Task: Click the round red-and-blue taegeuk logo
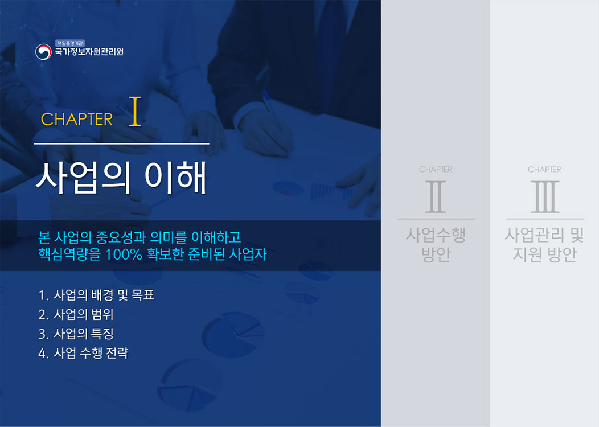(43, 52)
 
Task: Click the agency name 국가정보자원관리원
(89, 52)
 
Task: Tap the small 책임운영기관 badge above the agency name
(69, 43)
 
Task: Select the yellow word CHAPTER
(77, 119)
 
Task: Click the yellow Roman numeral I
(136, 111)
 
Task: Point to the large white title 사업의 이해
(121, 178)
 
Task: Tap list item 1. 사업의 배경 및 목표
(96, 295)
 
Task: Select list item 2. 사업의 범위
(76, 314)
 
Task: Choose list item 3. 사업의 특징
(76, 334)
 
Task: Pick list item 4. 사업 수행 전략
(83, 353)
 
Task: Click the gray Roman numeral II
(436, 196)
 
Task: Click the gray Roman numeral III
(545, 196)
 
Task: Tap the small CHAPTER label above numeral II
(436, 169)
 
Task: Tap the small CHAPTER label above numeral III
(544, 169)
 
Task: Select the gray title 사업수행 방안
(436, 244)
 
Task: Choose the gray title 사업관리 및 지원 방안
(544, 244)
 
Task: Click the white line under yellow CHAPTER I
(121, 143)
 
